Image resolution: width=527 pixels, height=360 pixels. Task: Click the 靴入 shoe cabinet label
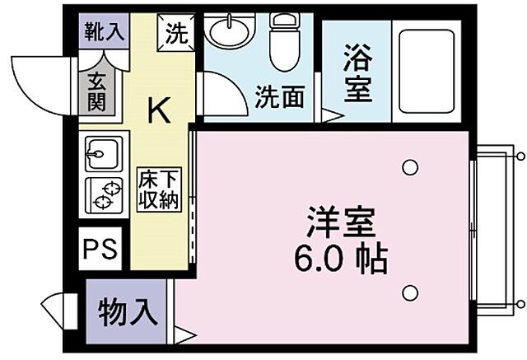(103, 33)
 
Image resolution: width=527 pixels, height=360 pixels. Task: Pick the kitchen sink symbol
(102, 154)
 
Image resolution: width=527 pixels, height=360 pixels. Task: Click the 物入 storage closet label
(127, 312)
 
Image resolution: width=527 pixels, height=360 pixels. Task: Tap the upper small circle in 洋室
(409, 168)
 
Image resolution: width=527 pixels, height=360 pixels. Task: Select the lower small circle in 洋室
(409, 292)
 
